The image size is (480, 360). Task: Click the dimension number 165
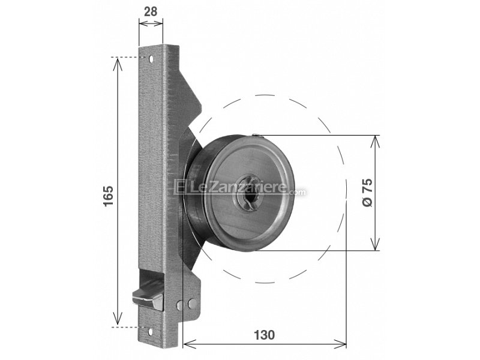[x=109, y=196]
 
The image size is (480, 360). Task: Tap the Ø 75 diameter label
[x=368, y=193]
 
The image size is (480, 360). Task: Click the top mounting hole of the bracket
[x=152, y=59]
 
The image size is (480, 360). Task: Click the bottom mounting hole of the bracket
[x=151, y=328]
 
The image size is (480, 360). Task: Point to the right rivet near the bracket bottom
[x=191, y=304]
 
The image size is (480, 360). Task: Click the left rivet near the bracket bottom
[x=181, y=305]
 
